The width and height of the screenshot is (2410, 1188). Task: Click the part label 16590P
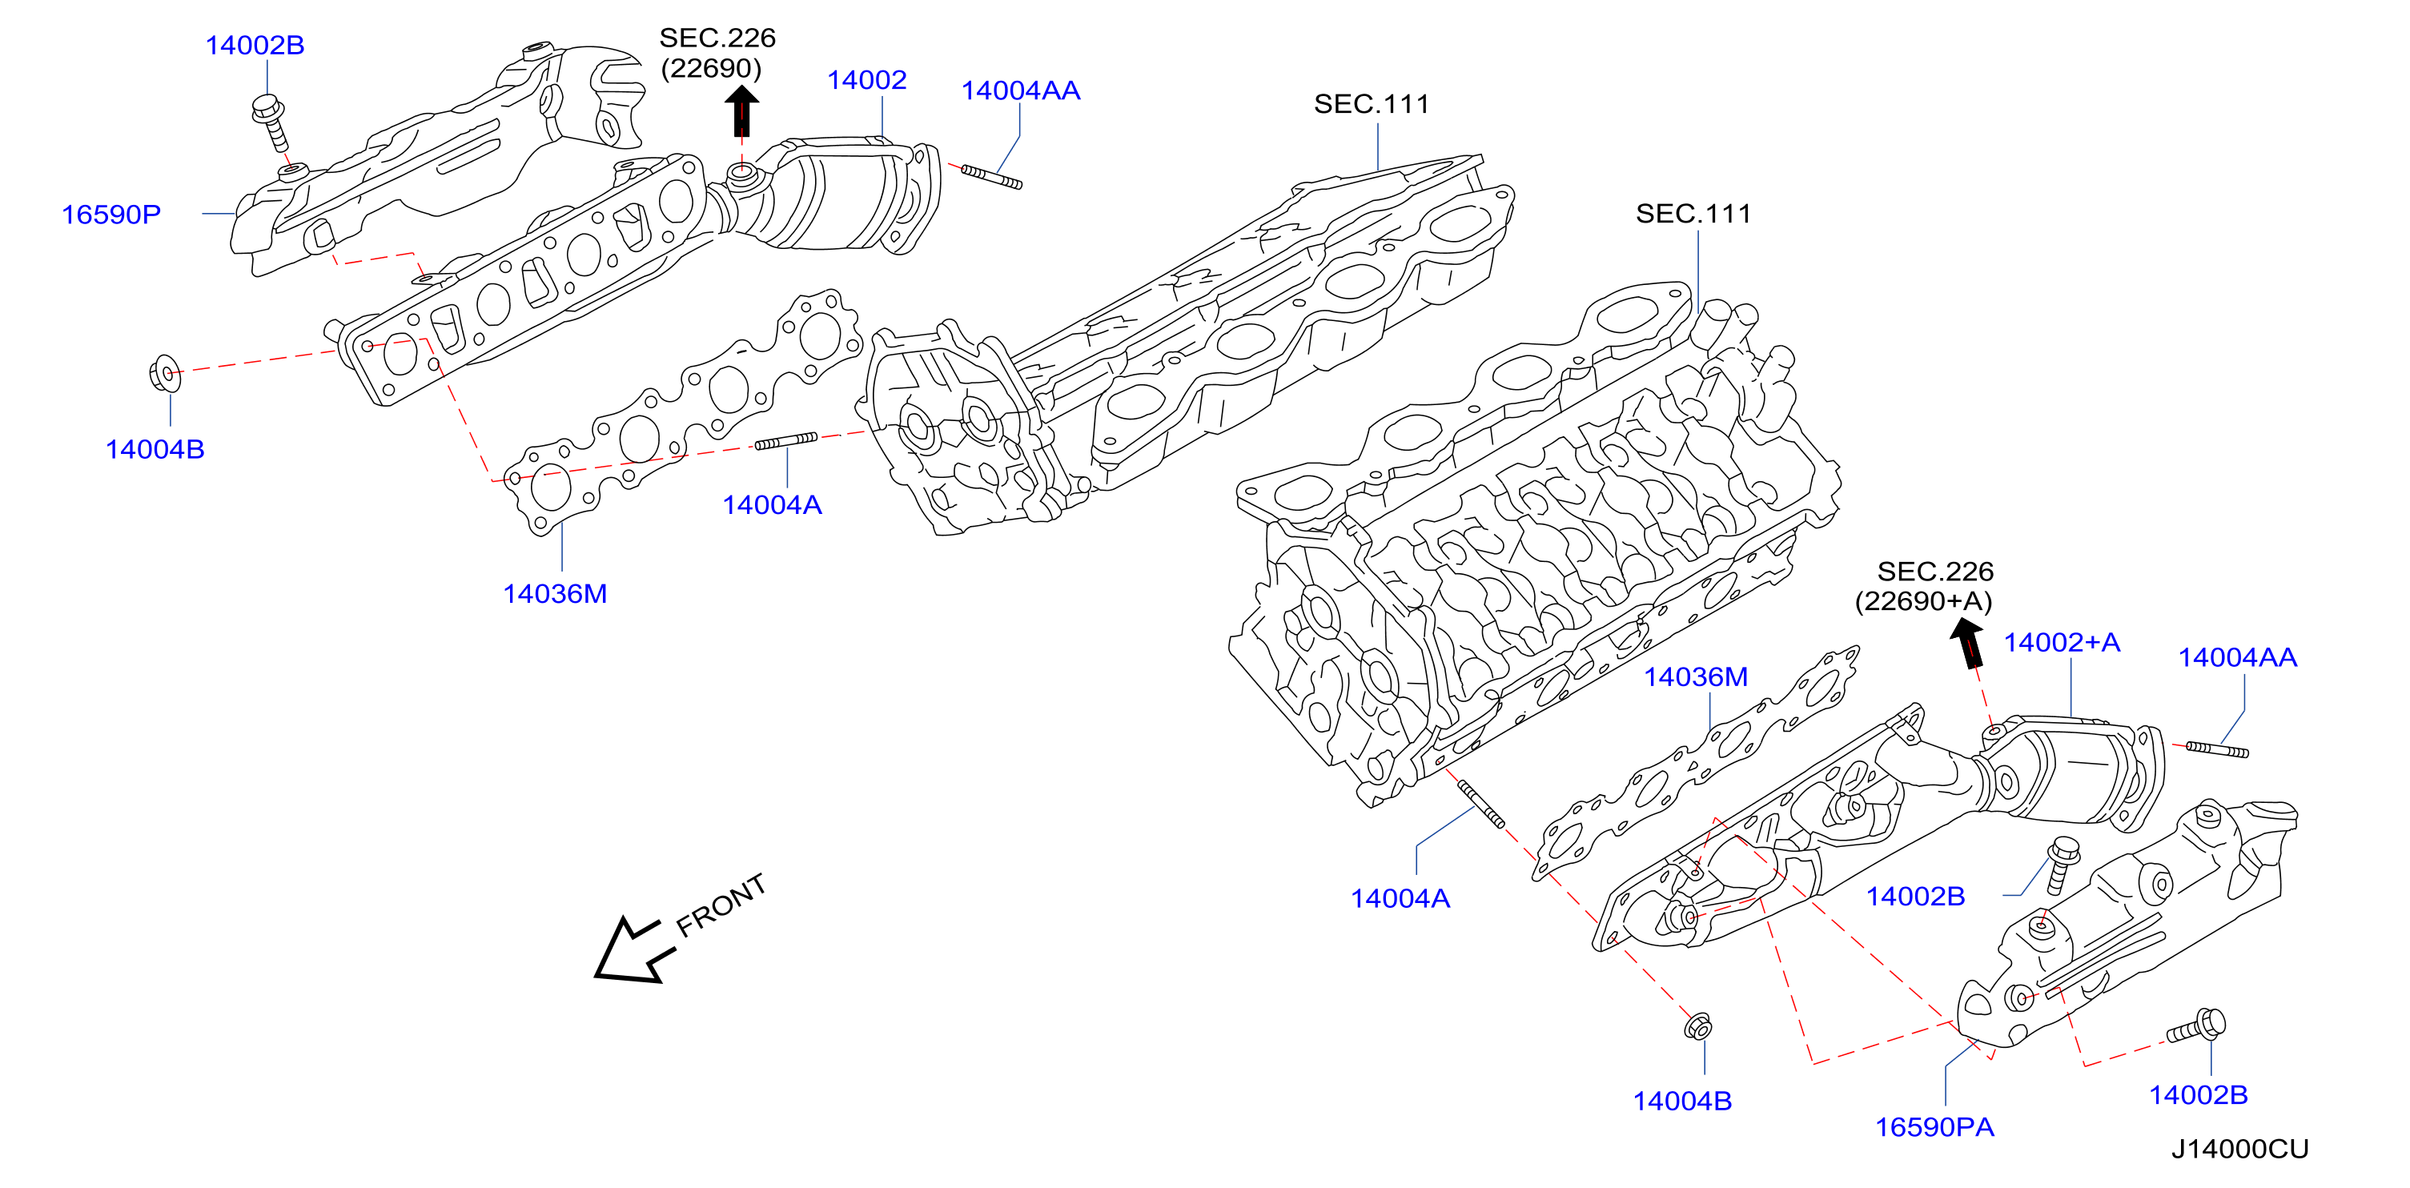(x=111, y=215)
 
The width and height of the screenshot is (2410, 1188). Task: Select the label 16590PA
(x=1934, y=1127)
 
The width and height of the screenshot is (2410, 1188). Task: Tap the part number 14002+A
(x=2061, y=643)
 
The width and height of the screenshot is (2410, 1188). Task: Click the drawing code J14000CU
(x=2239, y=1149)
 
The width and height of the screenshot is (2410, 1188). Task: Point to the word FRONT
(x=721, y=905)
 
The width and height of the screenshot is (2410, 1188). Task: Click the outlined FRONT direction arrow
(x=634, y=950)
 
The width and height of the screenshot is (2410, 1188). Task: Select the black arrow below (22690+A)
(x=1967, y=643)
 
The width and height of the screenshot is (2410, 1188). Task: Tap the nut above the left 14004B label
(x=165, y=373)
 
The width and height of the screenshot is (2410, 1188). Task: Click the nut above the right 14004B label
(x=1698, y=1026)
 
